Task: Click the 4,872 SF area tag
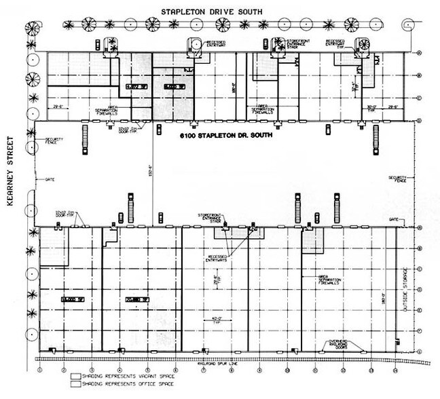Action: pos(134,88)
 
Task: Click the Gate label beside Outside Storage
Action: pos(395,221)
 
